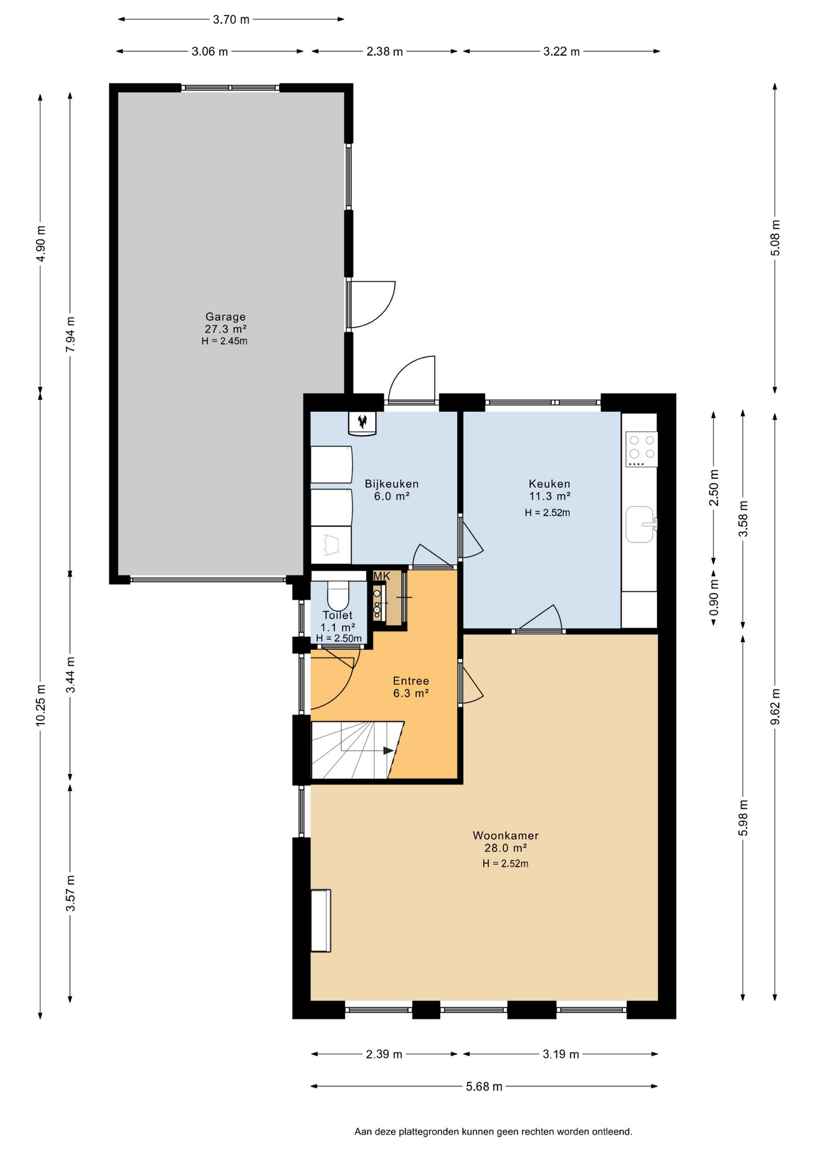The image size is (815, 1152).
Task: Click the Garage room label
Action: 226,317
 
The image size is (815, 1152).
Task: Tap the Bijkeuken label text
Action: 392,484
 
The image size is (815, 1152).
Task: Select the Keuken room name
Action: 550,484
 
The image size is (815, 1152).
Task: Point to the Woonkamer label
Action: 506,835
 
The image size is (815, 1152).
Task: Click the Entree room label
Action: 411,680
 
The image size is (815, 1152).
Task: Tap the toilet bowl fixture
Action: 338,595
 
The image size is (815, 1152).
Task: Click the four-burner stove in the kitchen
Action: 642,449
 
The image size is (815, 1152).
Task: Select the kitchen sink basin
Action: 640,524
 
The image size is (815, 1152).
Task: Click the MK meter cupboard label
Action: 382,576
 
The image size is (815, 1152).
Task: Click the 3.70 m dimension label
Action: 231,20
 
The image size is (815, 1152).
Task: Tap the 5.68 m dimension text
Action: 484,1086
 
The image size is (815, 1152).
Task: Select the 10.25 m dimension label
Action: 40,705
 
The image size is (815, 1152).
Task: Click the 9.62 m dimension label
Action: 775,706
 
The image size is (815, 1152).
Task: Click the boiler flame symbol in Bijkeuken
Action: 362,421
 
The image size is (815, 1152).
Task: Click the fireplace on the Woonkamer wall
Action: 320,920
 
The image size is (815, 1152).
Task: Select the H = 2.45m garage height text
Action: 224,341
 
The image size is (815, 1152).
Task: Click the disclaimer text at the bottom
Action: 493,1132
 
